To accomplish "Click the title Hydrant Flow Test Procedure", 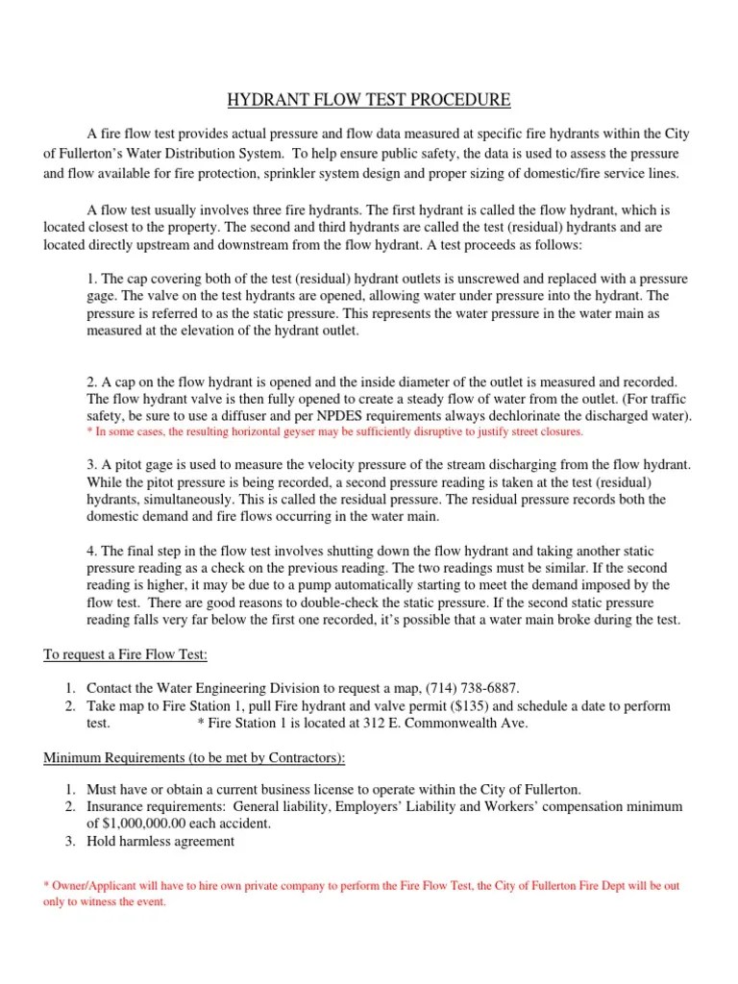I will coord(368,100).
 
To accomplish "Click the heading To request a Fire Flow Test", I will coord(125,654).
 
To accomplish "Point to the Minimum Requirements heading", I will coord(193,758).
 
